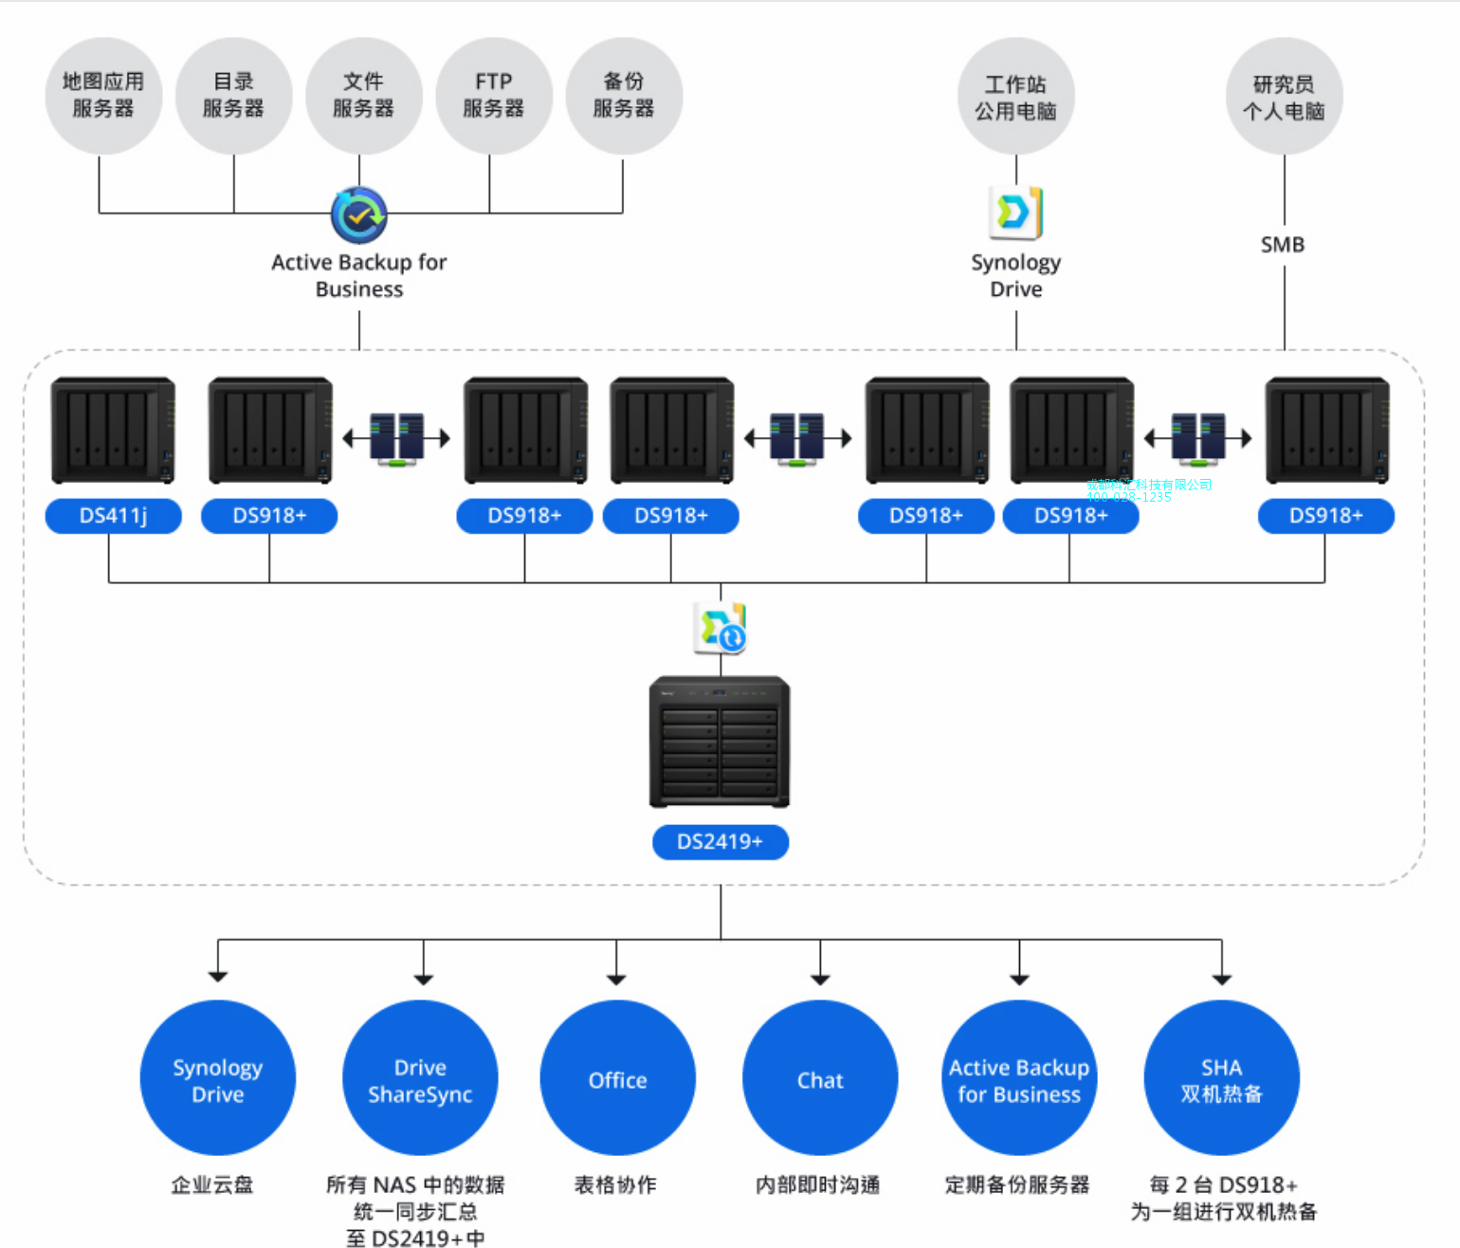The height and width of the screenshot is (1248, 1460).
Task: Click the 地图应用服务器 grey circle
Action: tap(103, 96)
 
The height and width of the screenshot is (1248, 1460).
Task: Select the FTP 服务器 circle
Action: tap(494, 96)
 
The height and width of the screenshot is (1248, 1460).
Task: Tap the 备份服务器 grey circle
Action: tap(624, 96)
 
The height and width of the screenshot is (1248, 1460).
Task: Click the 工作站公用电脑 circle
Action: tap(1016, 97)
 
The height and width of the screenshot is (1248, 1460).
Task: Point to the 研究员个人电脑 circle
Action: tap(1284, 97)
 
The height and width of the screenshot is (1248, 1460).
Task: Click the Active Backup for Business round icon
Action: tap(359, 215)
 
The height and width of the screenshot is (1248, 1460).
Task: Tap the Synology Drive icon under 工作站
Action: tap(1015, 211)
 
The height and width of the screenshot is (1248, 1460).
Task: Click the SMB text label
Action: tap(1283, 245)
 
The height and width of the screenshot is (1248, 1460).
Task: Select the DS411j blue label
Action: tap(114, 516)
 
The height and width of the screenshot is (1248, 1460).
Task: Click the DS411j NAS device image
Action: tap(114, 430)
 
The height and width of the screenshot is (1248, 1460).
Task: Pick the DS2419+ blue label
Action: tap(721, 842)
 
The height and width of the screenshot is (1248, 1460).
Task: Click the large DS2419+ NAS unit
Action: tap(720, 742)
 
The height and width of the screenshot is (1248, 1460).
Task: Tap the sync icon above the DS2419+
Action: tap(721, 628)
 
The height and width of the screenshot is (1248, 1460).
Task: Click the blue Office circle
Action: tap(617, 1079)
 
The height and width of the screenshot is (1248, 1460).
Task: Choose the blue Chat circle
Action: tap(820, 1079)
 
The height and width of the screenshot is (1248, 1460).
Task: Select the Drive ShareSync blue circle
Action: tap(420, 1079)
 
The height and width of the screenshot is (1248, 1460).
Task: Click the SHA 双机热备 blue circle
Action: tap(1221, 1079)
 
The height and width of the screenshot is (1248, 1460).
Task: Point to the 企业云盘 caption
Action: tap(212, 1184)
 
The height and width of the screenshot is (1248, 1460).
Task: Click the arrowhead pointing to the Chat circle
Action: tap(820, 979)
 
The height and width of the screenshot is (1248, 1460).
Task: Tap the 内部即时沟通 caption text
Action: tap(818, 1184)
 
